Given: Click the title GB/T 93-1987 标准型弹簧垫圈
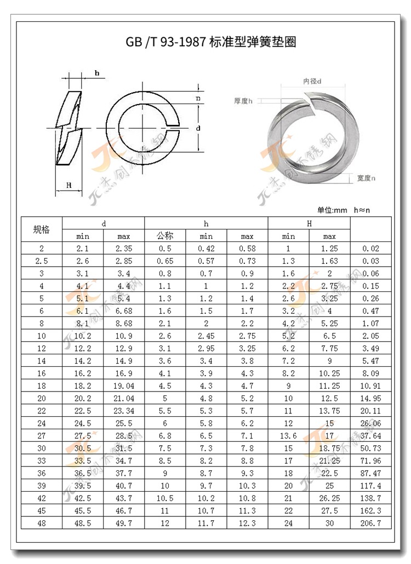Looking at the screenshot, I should pos(211,43).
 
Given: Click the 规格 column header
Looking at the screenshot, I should pos(41,230).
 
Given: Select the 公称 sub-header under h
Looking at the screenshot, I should pos(165,237).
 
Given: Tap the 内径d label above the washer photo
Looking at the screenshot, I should pos(312,81).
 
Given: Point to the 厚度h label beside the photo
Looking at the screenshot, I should pos(243,101).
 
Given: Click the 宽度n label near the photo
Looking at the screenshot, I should pos(366,178).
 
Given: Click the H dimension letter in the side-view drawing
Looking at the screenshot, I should pos(69,186).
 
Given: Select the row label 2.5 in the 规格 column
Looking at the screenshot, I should pos(41,261).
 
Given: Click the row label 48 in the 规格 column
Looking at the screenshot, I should pos(41,523).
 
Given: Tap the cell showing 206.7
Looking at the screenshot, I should pos(371,523).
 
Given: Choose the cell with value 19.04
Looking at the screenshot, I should pos(124,385).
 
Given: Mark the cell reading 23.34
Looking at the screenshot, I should pos(124,411).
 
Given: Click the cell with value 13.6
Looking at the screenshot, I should pos(288,436).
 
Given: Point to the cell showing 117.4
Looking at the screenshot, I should pos(371,486).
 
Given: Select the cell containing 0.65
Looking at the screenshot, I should pos(165,261).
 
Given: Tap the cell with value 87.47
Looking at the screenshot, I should pos(371,473).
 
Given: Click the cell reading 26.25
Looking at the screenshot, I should pos(329,498).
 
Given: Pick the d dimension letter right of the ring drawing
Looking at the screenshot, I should pos(198,128).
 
